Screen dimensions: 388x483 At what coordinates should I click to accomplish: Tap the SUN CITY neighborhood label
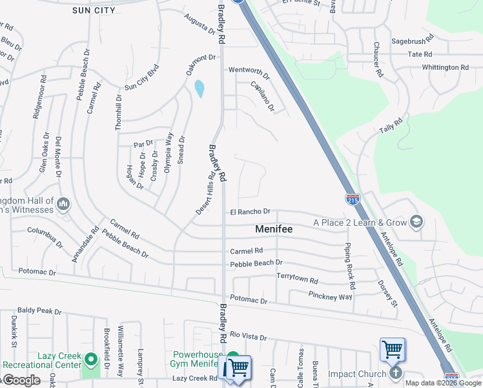[x=94, y=10]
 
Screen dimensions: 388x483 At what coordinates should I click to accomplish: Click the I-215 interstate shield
[x=353, y=199]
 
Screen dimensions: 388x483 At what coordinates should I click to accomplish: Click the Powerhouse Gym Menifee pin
[x=232, y=357]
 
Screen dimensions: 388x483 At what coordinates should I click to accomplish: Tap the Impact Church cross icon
[x=396, y=373]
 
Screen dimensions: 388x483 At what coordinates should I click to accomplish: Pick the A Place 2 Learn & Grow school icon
[x=416, y=222]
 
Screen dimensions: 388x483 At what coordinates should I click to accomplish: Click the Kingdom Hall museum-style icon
[x=63, y=204]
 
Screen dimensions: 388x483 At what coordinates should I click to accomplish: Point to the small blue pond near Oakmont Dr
[x=200, y=89]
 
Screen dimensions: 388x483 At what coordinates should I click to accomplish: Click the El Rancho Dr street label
[x=250, y=211]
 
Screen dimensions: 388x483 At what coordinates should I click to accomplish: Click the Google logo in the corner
[x=21, y=380]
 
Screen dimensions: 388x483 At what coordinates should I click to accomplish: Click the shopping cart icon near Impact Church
[x=392, y=350]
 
